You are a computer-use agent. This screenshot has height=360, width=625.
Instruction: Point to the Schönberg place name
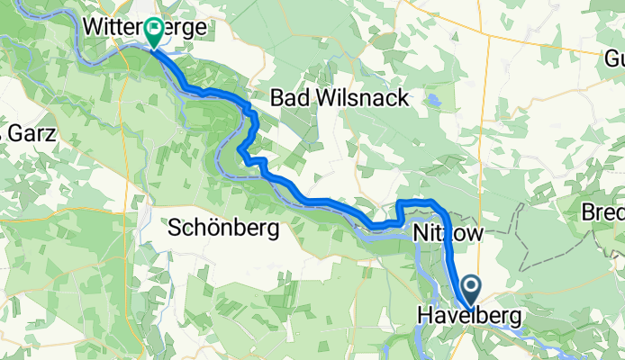[222, 229]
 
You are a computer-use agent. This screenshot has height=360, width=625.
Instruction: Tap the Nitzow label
[448, 233]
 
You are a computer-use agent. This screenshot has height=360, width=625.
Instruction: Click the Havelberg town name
[468, 317]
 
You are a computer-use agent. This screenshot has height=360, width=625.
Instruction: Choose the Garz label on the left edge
[32, 134]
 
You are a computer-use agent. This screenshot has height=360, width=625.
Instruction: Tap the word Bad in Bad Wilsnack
[292, 97]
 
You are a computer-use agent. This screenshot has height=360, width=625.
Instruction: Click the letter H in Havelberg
[425, 317]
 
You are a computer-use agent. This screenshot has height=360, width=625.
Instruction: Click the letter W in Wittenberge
[93, 29]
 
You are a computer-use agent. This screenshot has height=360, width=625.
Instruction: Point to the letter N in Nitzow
[421, 233]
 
